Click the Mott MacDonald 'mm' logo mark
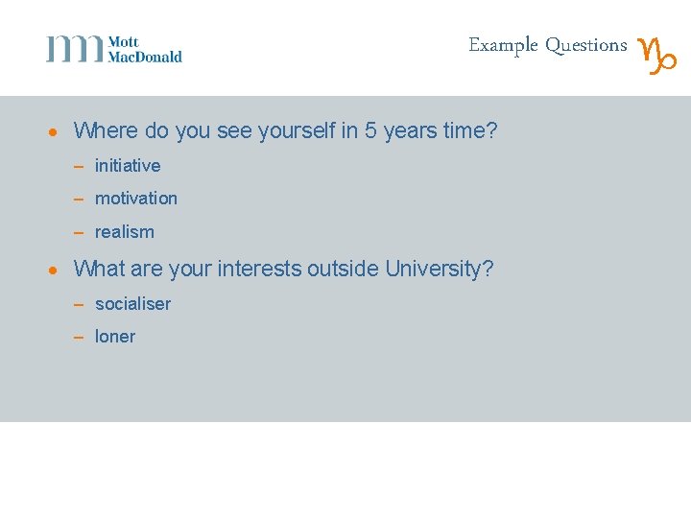coord(74,49)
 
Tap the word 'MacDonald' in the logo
coord(145,57)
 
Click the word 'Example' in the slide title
coord(503,45)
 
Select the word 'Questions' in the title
coord(585,45)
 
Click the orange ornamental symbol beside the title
coord(657,55)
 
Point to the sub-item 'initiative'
coord(128,166)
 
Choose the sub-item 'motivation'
coord(136,199)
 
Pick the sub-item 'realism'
coord(125,232)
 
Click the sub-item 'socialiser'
coord(132,304)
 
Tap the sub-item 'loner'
coord(115,337)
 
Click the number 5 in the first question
coord(370,130)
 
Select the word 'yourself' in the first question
coord(297,130)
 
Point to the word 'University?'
coord(440,270)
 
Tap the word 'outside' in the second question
coord(344,270)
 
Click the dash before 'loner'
coord(80,338)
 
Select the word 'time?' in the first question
coord(470,130)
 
